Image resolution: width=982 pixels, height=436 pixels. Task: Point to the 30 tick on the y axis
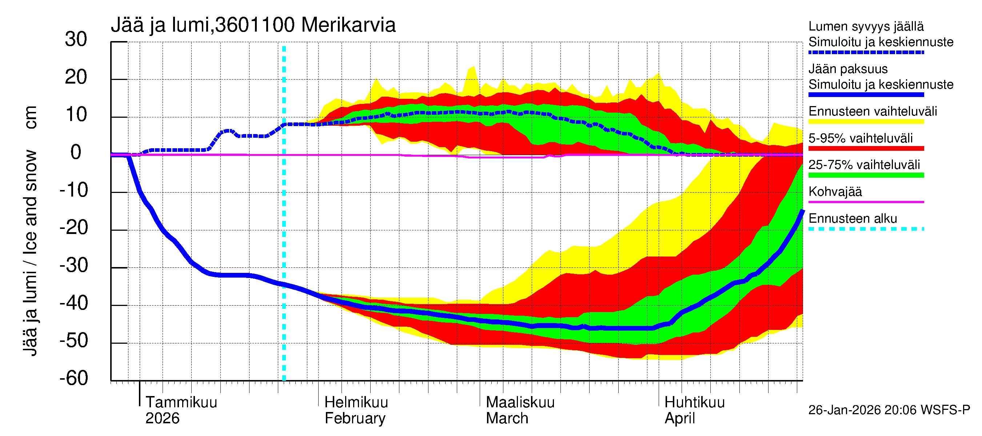(76, 40)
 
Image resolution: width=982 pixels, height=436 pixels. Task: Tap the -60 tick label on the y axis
(73, 378)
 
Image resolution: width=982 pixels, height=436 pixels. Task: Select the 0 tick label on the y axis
(76, 153)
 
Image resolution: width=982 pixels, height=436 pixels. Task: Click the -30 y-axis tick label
(73, 265)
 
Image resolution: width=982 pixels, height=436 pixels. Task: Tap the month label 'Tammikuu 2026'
(181, 410)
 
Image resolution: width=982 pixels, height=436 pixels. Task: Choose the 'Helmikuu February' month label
(356, 410)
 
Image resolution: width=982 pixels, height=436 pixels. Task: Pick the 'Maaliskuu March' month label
(520, 410)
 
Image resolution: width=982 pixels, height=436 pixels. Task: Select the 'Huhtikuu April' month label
(694, 410)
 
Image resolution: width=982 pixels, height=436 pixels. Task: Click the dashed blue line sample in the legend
(866, 53)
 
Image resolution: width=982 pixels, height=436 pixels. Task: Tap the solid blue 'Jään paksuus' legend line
(866, 95)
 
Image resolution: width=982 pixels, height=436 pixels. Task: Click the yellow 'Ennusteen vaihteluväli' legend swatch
(866, 122)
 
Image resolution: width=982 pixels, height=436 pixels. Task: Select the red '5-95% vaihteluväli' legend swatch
(866, 149)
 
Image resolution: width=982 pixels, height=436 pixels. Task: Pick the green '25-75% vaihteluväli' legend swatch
(866, 175)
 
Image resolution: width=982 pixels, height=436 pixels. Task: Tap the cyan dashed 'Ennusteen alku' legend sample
(866, 229)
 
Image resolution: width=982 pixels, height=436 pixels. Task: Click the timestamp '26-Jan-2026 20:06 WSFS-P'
(889, 410)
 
